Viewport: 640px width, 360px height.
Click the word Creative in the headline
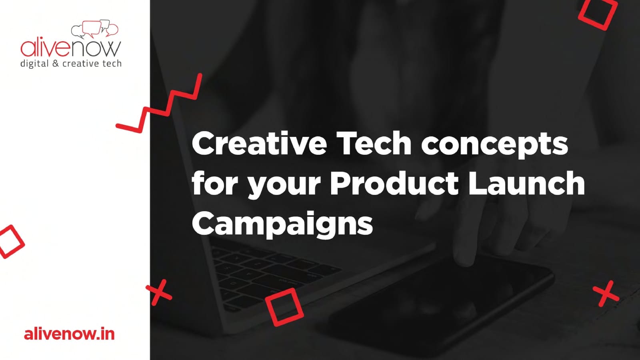[x=259, y=143]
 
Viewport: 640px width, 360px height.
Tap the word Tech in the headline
[x=374, y=143]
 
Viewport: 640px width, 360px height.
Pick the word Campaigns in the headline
[x=282, y=224]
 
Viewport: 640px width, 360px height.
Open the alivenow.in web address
[x=70, y=334]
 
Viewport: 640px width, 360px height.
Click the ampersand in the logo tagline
[x=56, y=63]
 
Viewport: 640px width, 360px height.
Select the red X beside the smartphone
[x=606, y=294]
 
